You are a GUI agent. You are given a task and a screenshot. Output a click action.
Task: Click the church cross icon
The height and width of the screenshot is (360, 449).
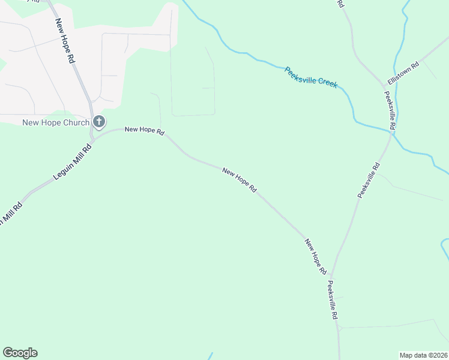(99, 122)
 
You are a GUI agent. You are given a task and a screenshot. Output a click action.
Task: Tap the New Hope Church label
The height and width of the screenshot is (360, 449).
(55, 123)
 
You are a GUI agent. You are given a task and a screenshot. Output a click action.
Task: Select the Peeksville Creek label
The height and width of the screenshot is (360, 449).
(311, 78)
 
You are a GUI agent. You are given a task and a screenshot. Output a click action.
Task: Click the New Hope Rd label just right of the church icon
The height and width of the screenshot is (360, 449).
(144, 130)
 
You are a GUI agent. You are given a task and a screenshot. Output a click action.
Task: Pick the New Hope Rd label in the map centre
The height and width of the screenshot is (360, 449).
(240, 180)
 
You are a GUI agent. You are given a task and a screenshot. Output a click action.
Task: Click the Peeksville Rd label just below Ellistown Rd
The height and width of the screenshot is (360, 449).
(390, 111)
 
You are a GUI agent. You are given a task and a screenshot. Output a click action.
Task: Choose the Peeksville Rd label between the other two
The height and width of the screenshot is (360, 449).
(369, 180)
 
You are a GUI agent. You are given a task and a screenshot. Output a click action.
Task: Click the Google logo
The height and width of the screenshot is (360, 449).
(20, 353)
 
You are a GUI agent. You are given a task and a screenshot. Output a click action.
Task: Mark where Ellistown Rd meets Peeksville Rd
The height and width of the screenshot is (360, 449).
(385, 86)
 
